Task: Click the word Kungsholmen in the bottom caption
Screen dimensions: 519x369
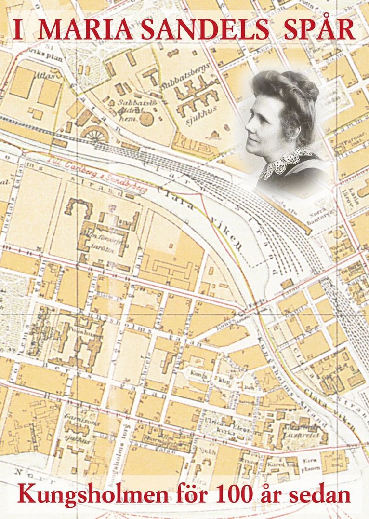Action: [x=93, y=493]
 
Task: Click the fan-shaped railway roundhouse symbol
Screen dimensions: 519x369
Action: [x=94, y=134]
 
